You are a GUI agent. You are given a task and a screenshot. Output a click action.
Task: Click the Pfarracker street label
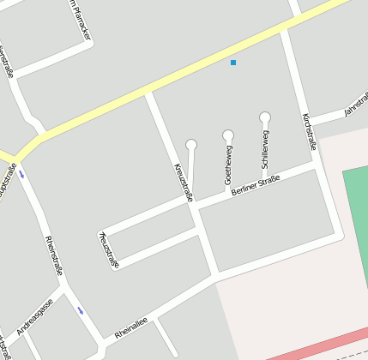click(78, 21)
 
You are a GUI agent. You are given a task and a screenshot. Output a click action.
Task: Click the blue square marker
click(233, 63)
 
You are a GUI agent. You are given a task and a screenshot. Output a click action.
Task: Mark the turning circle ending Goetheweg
click(228, 135)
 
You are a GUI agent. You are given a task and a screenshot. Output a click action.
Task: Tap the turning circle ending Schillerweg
click(265, 117)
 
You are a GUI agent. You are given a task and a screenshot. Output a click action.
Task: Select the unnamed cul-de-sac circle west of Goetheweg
click(191, 144)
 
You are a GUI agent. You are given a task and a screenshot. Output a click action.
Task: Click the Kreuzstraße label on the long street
click(183, 181)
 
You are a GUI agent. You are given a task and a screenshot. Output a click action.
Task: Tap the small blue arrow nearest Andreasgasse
click(80, 309)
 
